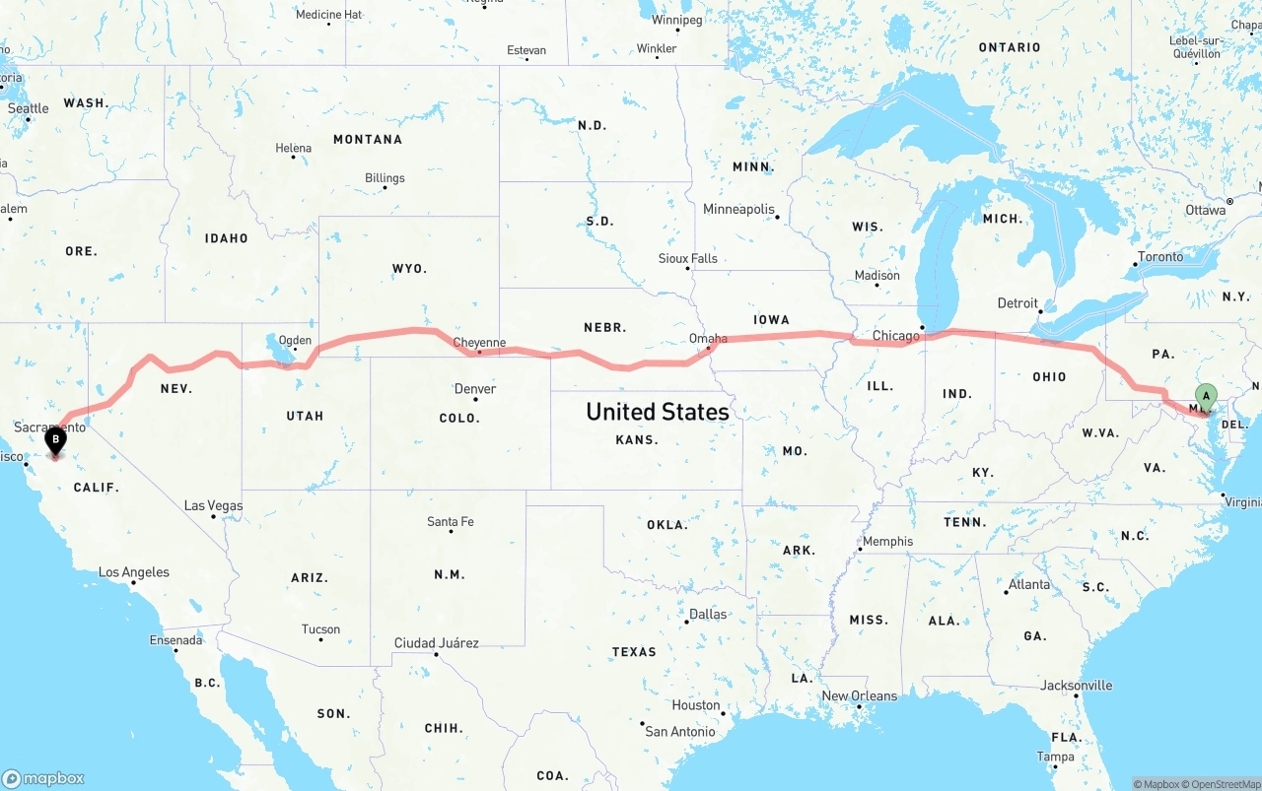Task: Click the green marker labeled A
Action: click(x=1206, y=399)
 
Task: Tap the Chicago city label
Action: click(x=895, y=336)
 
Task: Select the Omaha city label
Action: click(x=708, y=339)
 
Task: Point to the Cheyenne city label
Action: click(x=479, y=343)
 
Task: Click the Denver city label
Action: click(x=475, y=389)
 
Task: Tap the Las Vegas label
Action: click(x=213, y=505)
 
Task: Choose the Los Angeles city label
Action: click(x=134, y=572)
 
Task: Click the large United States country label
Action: click(x=658, y=412)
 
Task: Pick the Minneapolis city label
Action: click(x=738, y=209)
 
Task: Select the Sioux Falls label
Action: click(x=688, y=258)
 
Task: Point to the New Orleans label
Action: click(x=860, y=695)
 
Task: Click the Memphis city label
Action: click(x=887, y=541)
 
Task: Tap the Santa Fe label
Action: click(x=451, y=521)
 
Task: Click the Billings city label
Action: click(x=385, y=178)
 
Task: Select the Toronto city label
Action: click(x=1160, y=256)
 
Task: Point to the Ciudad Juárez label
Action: click(x=437, y=643)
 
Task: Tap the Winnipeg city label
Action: click(x=677, y=20)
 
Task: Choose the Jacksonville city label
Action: click(x=1077, y=686)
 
